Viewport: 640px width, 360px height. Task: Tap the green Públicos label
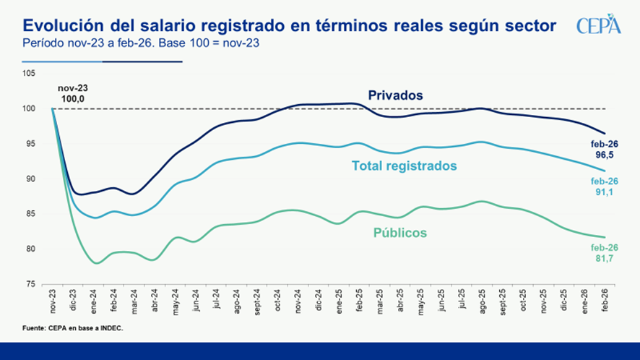399,233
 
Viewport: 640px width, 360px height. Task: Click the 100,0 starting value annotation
72,98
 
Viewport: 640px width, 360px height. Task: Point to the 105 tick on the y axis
29,74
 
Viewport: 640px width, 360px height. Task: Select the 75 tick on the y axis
30,284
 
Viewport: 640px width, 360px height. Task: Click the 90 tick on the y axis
30,179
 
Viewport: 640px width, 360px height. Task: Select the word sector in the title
532,26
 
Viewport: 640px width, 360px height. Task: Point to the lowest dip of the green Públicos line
95,263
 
